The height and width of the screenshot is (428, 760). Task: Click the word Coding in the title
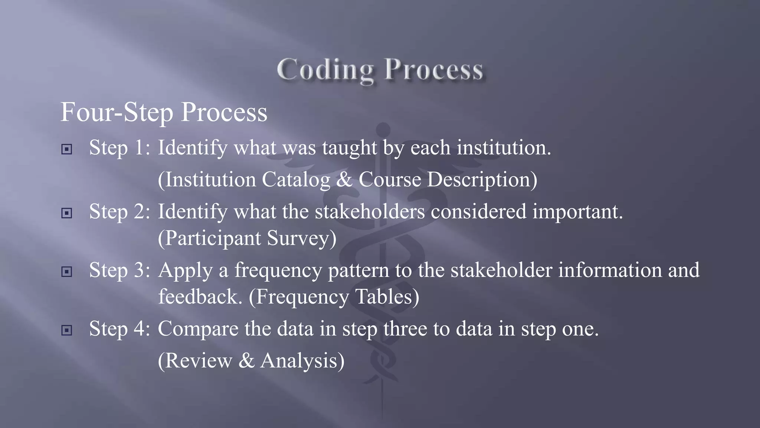[x=325, y=70]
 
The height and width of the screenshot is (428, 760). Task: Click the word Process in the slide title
[x=433, y=70]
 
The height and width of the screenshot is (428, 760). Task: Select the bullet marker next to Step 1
[x=66, y=149]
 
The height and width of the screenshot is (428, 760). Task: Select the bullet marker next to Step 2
[x=66, y=213]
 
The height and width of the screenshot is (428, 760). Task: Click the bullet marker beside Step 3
[x=66, y=272]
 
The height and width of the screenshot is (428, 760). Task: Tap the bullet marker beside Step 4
[x=66, y=330]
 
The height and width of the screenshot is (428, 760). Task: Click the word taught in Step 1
[x=349, y=148]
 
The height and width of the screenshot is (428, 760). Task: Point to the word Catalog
[x=296, y=180]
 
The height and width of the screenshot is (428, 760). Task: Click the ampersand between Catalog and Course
[x=344, y=180]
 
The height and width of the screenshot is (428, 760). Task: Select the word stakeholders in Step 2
[x=370, y=211]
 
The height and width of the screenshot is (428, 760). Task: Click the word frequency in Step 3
[x=278, y=270]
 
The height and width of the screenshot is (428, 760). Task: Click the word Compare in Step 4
[x=198, y=329]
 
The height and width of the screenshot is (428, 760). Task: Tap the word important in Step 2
[x=577, y=212]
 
